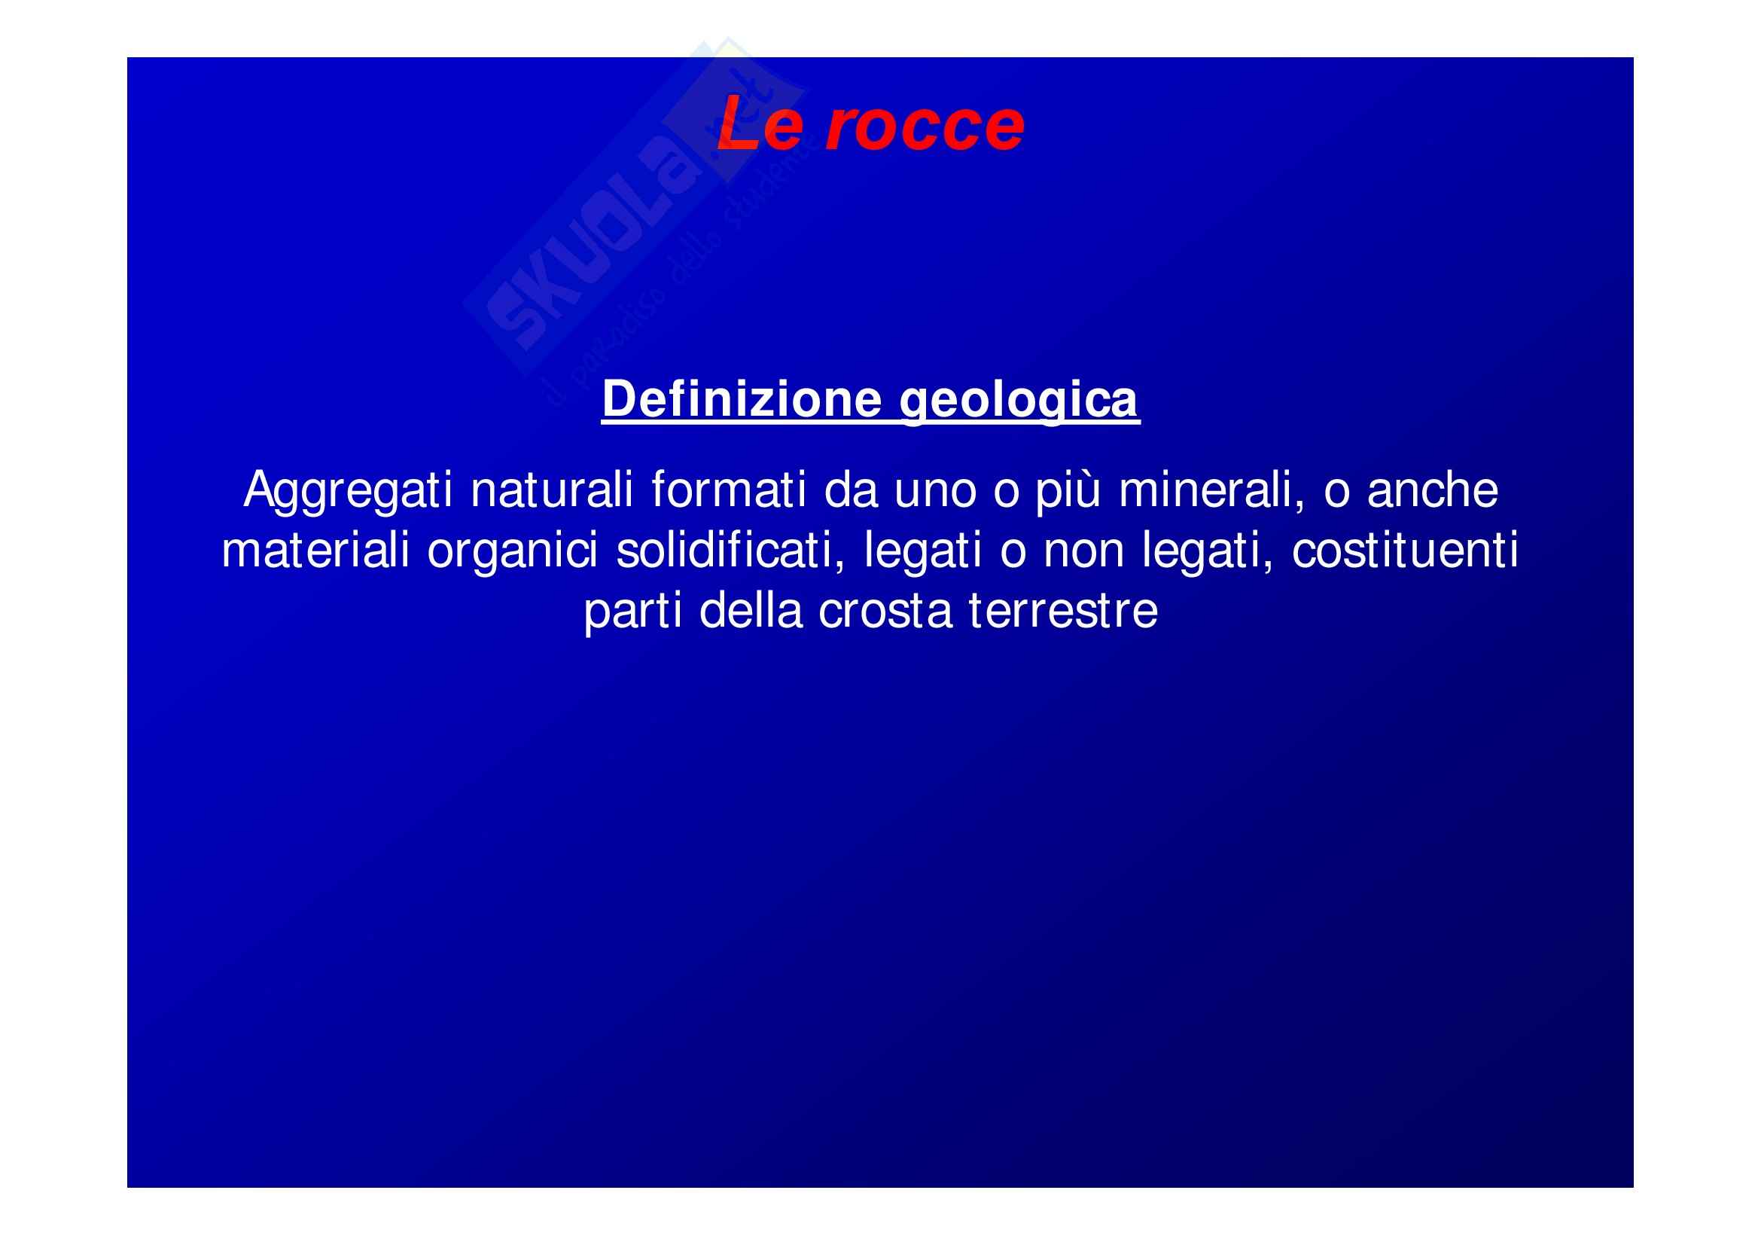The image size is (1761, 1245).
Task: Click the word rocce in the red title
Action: (925, 125)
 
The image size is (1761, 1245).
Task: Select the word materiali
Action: (315, 550)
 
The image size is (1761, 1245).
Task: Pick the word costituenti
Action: (1405, 550)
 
